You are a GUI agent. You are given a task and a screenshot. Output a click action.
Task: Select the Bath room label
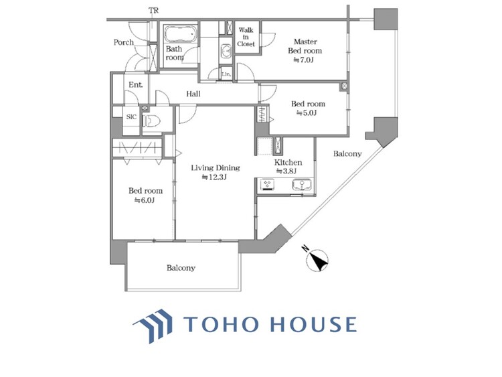[x=174, y=53]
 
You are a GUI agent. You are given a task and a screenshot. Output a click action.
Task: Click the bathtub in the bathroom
[x=181, y=34]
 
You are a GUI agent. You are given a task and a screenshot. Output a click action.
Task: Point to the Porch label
[x=123, y=42]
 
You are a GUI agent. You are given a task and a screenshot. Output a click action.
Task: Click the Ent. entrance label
[x=135, y=85]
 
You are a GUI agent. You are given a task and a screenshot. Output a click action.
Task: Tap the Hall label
[x=193, y=94]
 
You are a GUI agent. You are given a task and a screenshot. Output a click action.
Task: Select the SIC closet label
[x=131, y=118]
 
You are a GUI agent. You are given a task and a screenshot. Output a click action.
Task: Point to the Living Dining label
[x=215, y=167]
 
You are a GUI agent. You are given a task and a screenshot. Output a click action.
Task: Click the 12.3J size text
[x=215, y=177]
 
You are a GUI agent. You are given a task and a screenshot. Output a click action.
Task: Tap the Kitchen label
[x=288, y=163]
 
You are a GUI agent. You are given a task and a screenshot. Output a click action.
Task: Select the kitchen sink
[x=300, y=184]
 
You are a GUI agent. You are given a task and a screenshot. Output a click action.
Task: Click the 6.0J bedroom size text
[x=145, y=200]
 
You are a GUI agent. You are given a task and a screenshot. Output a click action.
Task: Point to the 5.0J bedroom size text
[x=307, y=113]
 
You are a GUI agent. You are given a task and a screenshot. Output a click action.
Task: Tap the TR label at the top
[x=155, y=11]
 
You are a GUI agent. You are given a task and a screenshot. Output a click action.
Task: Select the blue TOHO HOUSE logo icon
[x=154, y=325]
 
